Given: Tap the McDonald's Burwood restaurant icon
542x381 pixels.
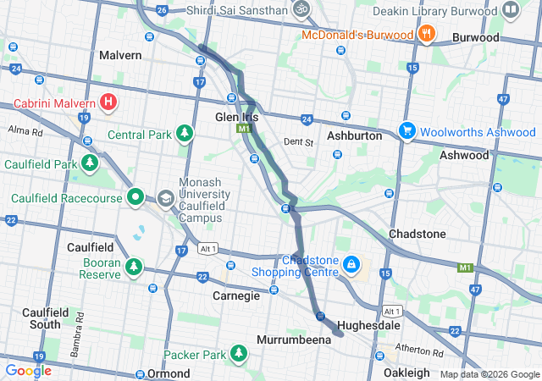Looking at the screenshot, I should click(x=427, y=35).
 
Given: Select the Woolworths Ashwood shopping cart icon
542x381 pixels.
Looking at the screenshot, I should click(x=406, y=131).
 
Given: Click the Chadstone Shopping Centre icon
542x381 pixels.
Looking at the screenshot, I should click(x=350, y=266).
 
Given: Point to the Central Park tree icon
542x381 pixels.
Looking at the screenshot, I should click(x=185, y=134).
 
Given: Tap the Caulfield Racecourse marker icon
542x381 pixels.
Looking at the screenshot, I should click(x=135, y=197).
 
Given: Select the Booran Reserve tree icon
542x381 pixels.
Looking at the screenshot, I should click(x=133, y=268).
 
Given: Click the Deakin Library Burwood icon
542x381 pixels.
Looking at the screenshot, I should click(x=512, y=10).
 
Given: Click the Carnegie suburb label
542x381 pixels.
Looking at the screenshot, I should click(x=235, y=296).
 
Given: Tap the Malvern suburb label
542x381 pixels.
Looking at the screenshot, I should click(x=120, y=55).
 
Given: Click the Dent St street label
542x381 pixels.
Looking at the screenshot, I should click(x=298, y=142).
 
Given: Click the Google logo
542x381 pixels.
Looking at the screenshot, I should click(x=29, y=370).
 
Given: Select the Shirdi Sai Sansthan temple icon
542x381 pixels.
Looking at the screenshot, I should click(x=299, y=9).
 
